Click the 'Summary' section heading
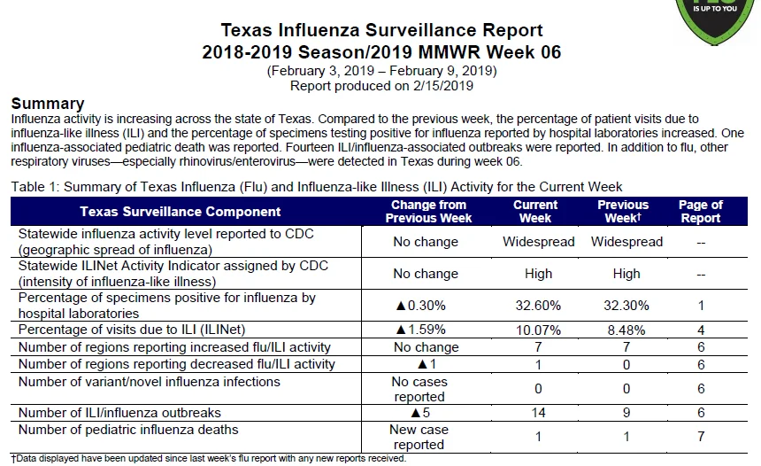(x=48, y=104)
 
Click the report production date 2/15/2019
(x=443, y=86)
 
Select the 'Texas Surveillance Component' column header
(x=180, y=212)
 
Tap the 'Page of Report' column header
(x=700, y=212)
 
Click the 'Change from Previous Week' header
(x=428, y=212)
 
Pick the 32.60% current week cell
(x=538, y=306)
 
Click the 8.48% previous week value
(x=626, y=330)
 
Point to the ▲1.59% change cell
(x=421, y=330)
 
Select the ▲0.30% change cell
(x=421, y=306)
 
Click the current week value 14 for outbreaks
(x=538, y=413)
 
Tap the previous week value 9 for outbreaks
(x=626, y=413)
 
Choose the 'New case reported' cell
(x=419, y=437)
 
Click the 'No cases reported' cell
(x=419, y=389)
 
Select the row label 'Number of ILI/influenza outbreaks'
(x=119, y=413)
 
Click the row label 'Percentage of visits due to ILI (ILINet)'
(x=132, y=330)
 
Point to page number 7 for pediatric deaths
(x=701, y=437)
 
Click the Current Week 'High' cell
(x=538, y=274)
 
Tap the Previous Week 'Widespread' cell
(x=626, y=242)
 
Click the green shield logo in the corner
(x=715, y=20)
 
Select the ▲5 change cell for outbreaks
(x=420, y=413)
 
